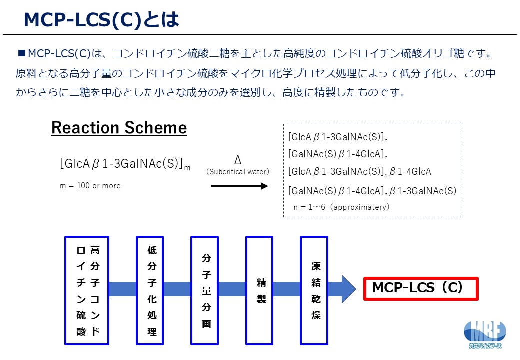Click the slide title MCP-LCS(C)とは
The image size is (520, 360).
(101, 20)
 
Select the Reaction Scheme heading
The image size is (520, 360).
(119, 128)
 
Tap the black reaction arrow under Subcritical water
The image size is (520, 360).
(240, 186)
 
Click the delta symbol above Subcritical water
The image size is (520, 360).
(238, 160)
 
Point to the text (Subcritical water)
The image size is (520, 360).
(238, 172)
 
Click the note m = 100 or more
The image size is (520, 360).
(90, 186)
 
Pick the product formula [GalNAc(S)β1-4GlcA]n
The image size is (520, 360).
(338, 154)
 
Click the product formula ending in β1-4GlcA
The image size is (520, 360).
(359, 172)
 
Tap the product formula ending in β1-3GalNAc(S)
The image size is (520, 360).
(372, 190)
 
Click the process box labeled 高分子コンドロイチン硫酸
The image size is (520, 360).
(87, 290)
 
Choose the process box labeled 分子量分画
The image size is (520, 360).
(204, 290)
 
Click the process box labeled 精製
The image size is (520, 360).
(259, 290)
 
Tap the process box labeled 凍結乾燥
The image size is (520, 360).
(314, 290)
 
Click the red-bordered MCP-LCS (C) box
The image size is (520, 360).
(421, 288)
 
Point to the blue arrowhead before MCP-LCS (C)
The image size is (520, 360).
(349, 289)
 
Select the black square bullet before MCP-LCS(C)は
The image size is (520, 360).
(22, 52)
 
